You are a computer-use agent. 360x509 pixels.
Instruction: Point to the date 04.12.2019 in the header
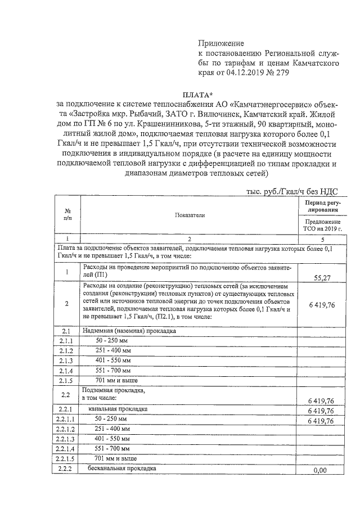pos(247,74)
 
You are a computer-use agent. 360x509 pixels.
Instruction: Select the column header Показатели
pos(190,215)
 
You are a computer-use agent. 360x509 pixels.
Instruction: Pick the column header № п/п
pos(67,214)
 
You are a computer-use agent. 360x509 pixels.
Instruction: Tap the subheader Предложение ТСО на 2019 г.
pos(322,225)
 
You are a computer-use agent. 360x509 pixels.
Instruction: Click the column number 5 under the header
pos(322,239)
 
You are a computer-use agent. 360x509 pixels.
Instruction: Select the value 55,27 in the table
pos(322,277)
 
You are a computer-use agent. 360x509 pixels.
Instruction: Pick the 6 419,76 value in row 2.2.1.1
pos(322,420)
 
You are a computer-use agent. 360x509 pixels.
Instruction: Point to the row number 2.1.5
pos(67,380)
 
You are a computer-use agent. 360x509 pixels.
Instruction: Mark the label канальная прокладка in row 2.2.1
pos(118,409)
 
